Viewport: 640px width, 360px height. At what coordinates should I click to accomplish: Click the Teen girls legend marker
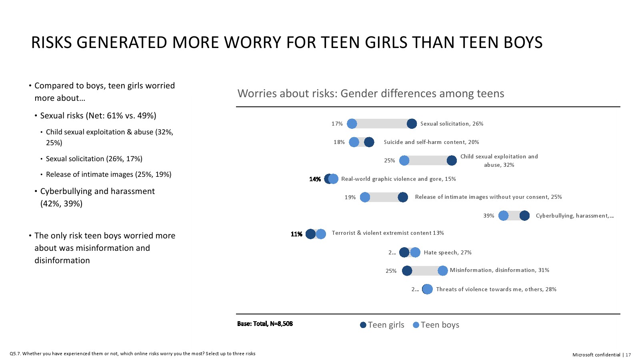[363, 325]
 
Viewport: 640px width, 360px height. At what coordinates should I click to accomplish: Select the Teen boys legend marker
[416, 325]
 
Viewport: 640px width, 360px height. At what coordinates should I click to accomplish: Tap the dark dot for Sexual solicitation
[412, 124]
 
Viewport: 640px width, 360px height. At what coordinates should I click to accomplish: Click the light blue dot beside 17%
[352, 124]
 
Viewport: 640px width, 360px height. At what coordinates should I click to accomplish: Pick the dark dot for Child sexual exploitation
[452, 160]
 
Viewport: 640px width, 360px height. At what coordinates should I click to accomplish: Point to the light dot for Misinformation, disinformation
[442, 271]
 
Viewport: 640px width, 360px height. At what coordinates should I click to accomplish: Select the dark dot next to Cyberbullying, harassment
[524, 216]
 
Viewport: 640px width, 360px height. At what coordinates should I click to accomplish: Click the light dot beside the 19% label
[365, 197]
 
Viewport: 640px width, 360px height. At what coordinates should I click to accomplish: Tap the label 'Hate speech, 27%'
[448, 252]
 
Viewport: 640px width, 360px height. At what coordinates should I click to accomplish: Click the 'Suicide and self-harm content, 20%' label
[431, 142]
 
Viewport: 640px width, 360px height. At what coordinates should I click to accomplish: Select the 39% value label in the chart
[488, 216]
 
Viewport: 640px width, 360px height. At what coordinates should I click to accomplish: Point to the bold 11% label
[296, 234]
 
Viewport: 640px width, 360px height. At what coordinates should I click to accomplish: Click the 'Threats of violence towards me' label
[496, 289]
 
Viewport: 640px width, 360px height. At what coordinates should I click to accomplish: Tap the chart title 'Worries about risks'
[370, 93]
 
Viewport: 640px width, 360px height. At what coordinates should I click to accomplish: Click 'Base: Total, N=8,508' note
[265, 324]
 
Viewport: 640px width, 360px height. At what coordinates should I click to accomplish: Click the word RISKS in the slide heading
[51, 42]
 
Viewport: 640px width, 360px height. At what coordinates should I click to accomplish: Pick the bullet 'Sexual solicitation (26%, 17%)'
[94, 159]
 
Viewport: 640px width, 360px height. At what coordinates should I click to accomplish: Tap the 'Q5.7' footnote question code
[15, 354]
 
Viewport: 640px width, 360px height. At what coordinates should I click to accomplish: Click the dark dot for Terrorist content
[310, 234]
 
